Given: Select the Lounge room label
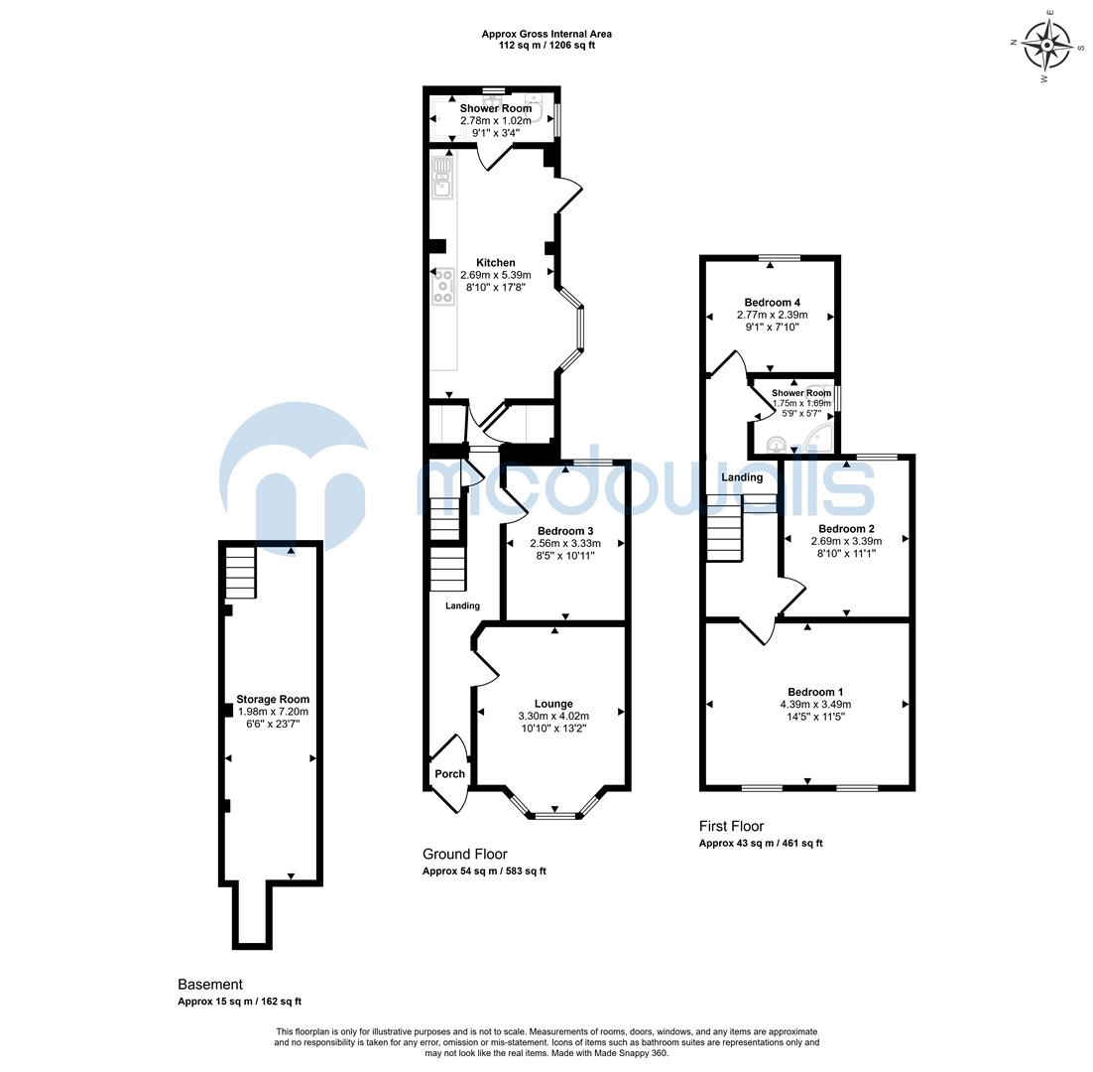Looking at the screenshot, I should point(552,704).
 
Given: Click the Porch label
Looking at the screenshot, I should point(449,774).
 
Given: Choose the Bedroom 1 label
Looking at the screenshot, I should point(815,692).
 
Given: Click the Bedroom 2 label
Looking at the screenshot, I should point(846,528).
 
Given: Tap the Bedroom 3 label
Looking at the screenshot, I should point(565,530).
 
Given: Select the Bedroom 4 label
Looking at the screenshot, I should point(772,303).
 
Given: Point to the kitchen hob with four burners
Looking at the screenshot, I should point(442,287).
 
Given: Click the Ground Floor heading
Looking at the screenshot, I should point(464,854).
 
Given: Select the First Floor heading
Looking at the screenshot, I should point(731,826).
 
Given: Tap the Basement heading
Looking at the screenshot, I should point(210,985).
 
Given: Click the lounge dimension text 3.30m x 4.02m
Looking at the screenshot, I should point(552,717).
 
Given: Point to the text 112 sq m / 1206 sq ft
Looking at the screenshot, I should point(546,46).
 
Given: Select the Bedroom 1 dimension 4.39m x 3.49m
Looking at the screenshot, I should point(815,705).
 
